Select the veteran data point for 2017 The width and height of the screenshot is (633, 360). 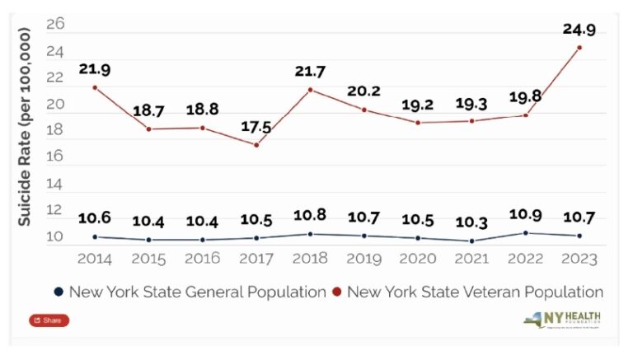256,145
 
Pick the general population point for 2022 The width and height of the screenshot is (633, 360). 525,233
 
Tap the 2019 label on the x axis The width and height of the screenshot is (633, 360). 363,258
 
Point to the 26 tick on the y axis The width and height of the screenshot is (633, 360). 55,25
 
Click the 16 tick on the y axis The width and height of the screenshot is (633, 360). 55,157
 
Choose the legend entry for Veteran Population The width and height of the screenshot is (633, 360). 471,292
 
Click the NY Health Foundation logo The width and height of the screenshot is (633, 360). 566,320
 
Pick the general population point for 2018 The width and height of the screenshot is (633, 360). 310,234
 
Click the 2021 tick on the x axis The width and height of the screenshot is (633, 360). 471,258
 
